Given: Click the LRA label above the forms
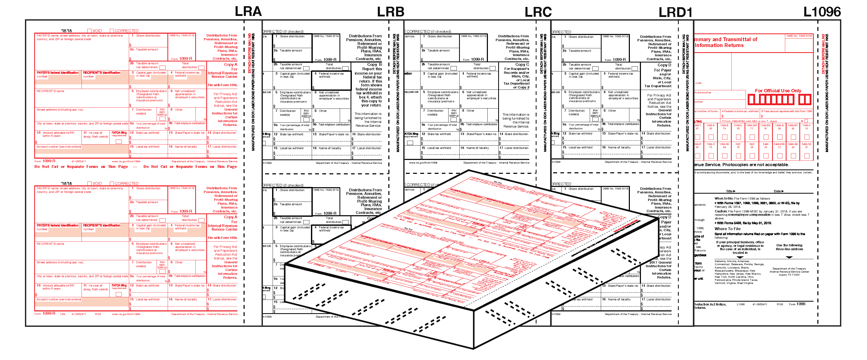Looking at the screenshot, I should [248, 11].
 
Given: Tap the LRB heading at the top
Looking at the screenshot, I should [390, 12].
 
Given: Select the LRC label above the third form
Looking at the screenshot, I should [538, 12].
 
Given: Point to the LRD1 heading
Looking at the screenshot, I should [675, 12].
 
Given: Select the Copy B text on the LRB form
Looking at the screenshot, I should [374, 65].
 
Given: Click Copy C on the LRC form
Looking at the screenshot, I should [522, 65].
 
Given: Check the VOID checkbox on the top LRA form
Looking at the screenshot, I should [90, 31].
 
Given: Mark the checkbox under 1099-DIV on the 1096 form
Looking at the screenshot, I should [766, 137].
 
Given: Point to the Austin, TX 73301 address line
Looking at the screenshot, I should [789, 275].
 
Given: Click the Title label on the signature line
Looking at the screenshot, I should [731, 191].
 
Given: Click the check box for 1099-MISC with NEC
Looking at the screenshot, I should [806, 121].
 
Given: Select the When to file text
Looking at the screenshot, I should [723, 199].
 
